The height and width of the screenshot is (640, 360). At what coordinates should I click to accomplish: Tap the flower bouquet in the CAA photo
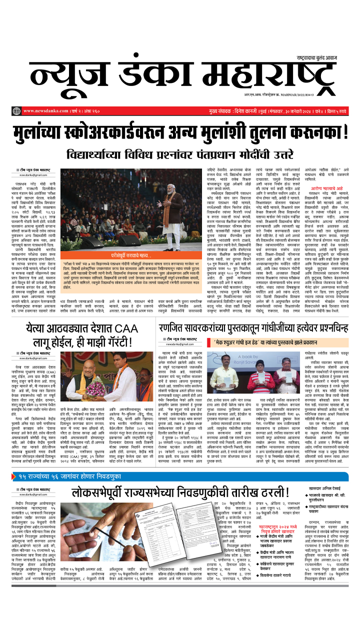click(96, 386)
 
